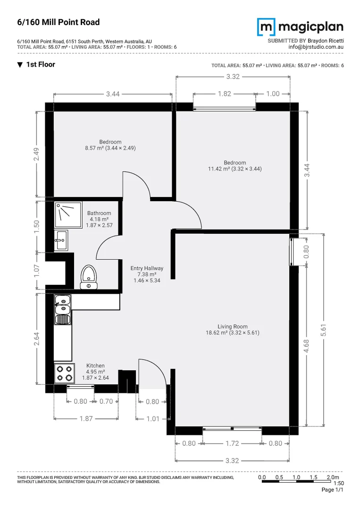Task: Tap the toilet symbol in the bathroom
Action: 88,277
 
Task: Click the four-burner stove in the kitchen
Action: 64,374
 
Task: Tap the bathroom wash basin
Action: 61,240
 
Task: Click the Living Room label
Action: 233,326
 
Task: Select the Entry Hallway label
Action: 147,268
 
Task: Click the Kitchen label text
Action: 95,365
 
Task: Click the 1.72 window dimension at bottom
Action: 232,443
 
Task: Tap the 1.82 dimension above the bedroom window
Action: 224,94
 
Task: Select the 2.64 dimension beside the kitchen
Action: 37,339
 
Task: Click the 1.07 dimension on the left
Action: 37,270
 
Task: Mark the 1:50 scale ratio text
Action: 338,484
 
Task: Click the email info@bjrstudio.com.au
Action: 316,47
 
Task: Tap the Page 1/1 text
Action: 332,490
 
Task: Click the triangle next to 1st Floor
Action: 20,65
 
